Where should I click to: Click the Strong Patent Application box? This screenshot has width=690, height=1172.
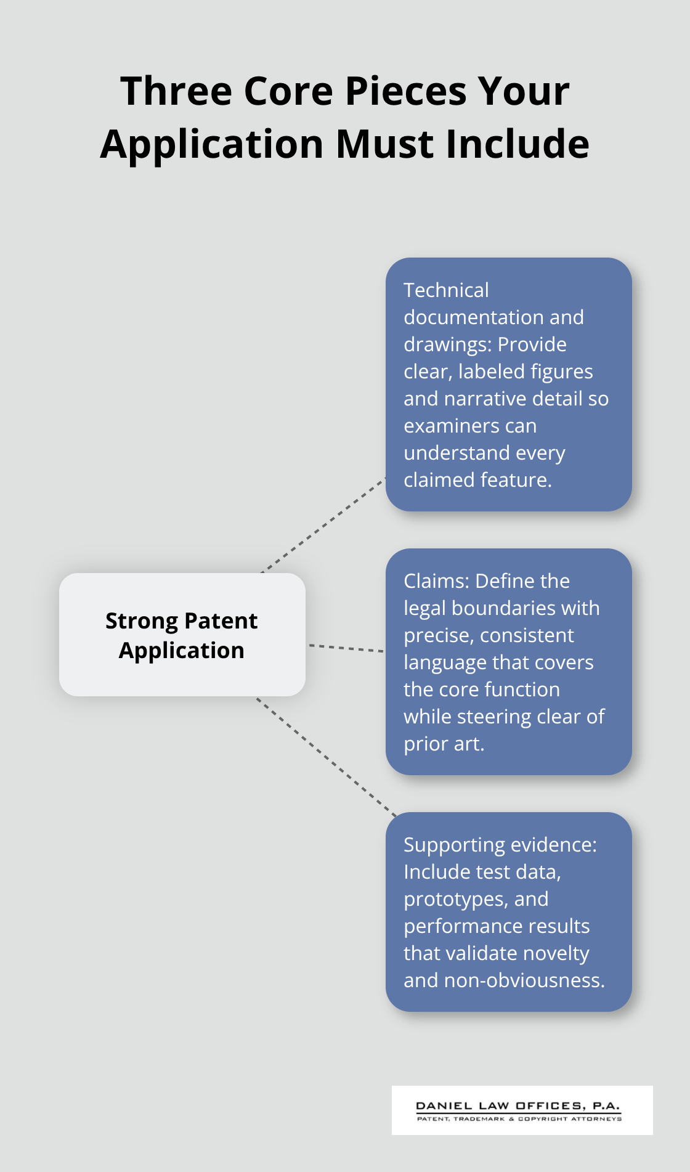click(182, 635)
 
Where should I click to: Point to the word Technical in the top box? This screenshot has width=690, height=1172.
click(446, 290)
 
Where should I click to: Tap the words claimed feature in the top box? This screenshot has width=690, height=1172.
click(477, 480)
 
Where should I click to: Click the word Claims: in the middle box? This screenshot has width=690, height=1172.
click(436, 581)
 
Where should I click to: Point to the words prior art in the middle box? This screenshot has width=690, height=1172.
click(443, 744)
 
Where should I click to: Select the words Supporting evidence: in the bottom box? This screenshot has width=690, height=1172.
click(500, 845)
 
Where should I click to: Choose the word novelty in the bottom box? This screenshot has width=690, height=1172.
click(554, 953)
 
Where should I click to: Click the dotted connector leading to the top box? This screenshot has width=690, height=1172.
click(323, 525)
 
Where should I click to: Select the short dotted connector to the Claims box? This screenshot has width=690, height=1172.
click(346, 648)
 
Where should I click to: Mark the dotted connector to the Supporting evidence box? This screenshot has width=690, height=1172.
click(327, 757)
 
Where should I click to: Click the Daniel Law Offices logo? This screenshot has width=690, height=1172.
click(522, 1110)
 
